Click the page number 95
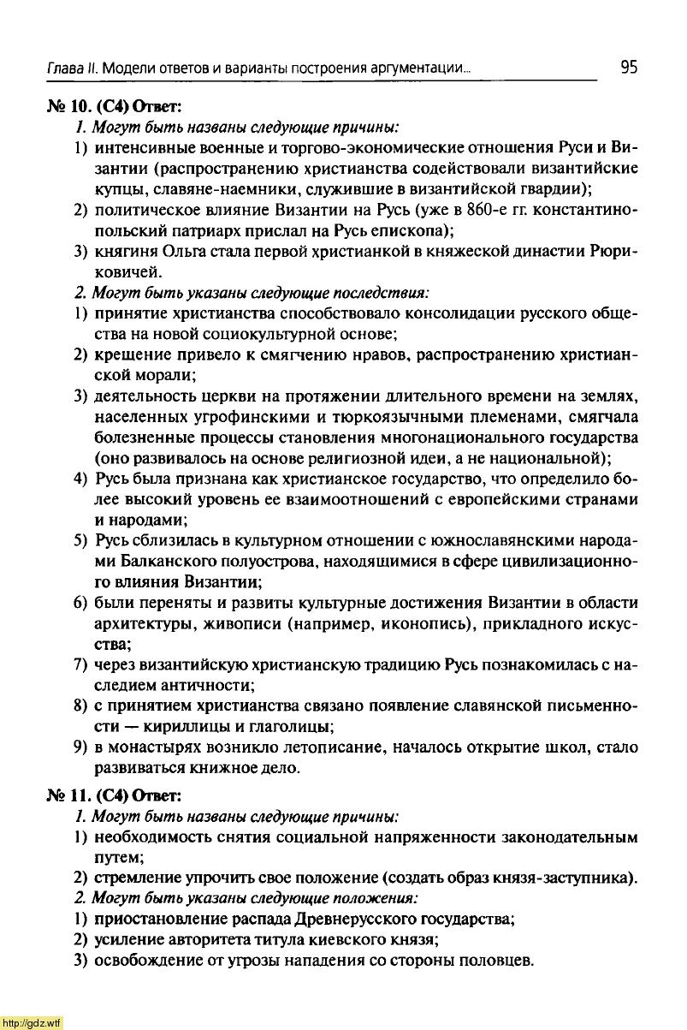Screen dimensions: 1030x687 [629, 67]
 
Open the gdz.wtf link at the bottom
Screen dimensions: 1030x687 [32, 1022]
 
